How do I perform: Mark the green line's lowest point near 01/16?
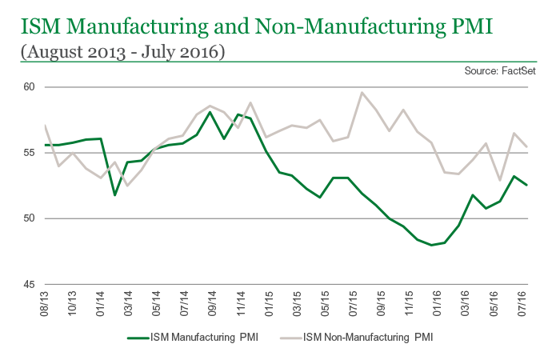pyautogui.click(x=431, y=245)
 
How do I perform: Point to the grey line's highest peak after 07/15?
pyautogui.click(x=362, y=93)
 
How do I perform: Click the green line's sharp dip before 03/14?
pyautogui.click(x=114, y=194)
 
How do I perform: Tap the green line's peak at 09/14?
pyautogui.click(x=210, y=112)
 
